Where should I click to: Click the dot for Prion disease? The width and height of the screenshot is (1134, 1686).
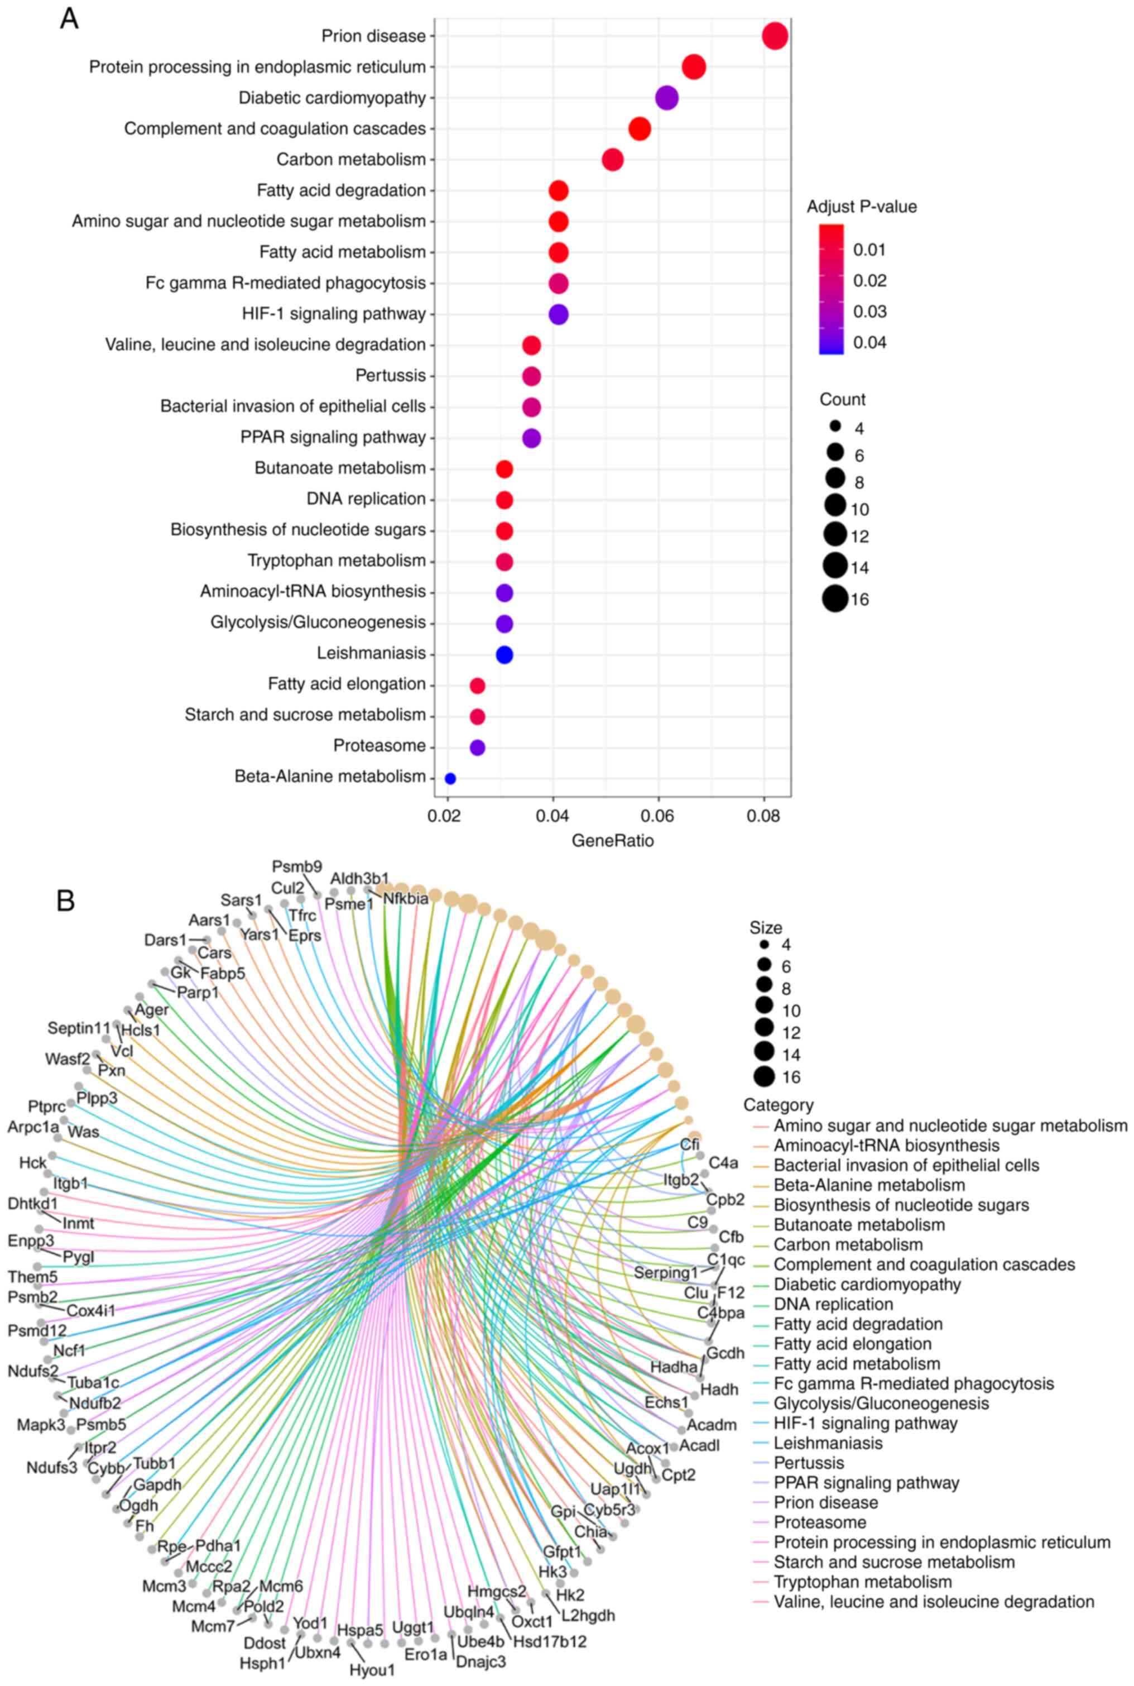pyautogui.click(x=775, y=36)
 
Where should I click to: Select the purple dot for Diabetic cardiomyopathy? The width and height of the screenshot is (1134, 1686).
pyautogui.click(x=666, y=98)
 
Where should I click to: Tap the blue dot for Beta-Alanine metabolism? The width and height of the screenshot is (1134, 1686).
pyautogui.click(x=450, y=778)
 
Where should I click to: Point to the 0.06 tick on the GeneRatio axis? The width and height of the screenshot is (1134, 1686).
pyautogui.click(x=658, y=817)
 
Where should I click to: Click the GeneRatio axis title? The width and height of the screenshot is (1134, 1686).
pyautogui.click(x=613, y=840)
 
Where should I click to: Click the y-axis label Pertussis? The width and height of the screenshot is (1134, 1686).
pyautogui.click(x=391, y=375)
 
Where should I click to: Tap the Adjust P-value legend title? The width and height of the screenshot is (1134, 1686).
pyautogui.click(x=861, y=207)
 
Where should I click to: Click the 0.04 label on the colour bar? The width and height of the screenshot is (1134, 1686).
pyautogui.click(x=869, y=342)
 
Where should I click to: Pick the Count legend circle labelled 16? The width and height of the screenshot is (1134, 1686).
pyautogui.click(x=834, y=599)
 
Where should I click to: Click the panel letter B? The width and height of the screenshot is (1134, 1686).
pyautogui.click(x=66, y=901)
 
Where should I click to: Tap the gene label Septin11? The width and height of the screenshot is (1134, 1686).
pyautogui.click(x=80, y=1028)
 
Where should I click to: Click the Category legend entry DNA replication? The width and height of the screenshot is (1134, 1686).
pyautogui.click(x=833, y=1304)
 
